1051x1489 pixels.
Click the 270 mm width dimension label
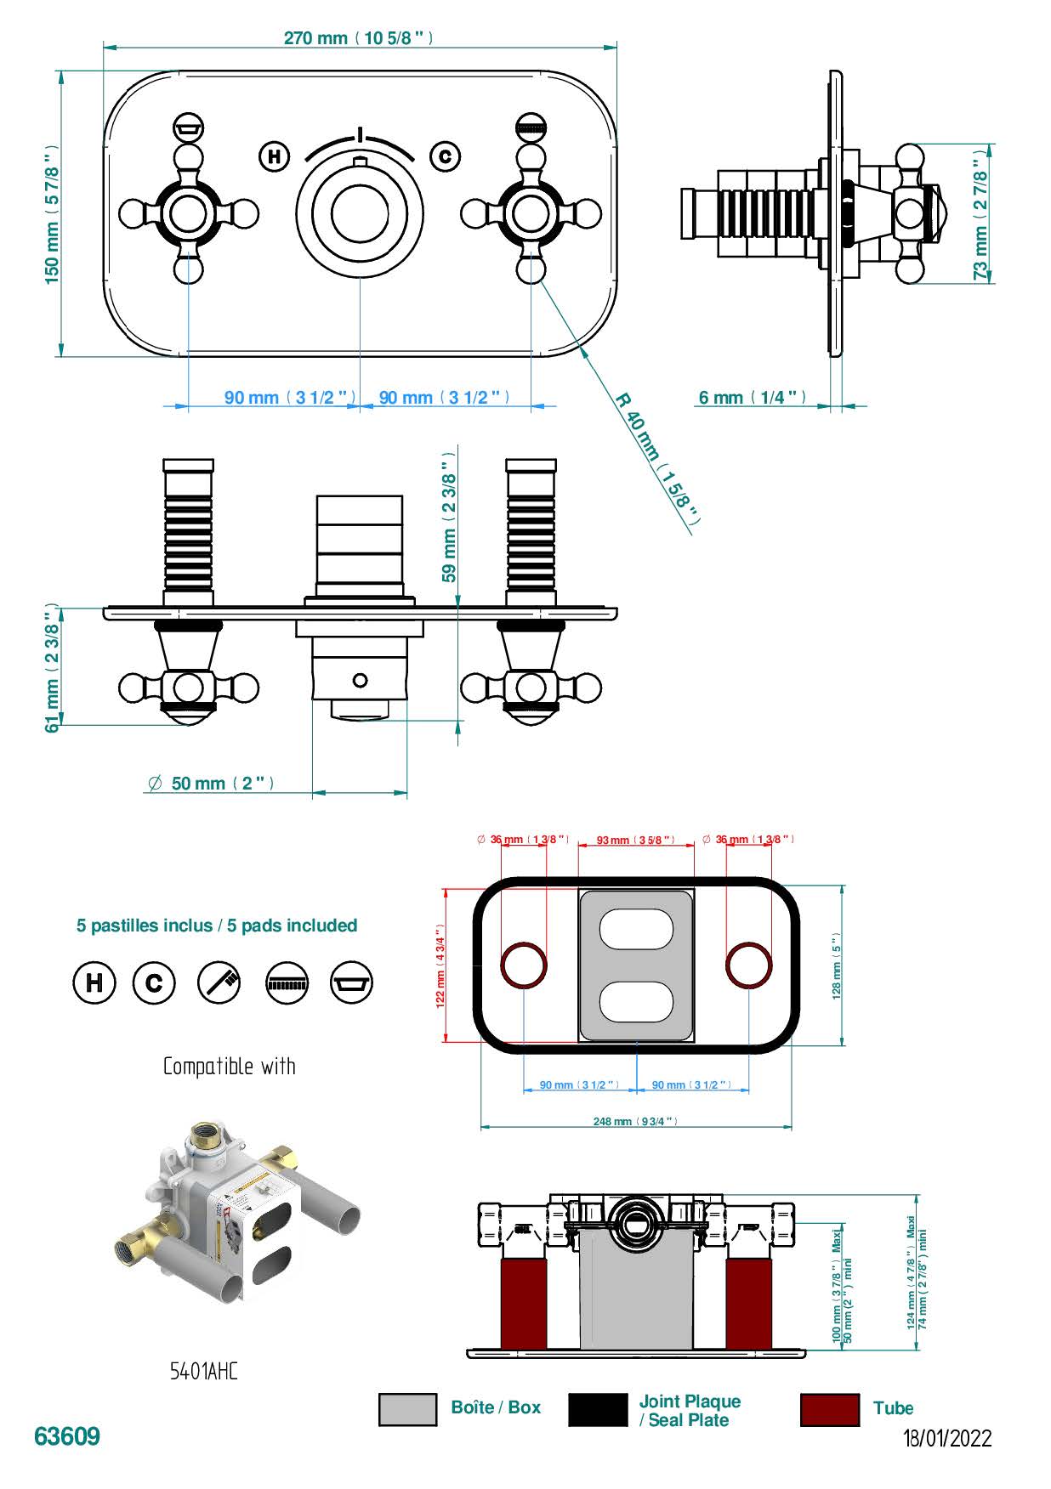tap(358, 38)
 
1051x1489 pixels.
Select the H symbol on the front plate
tap(274, 156)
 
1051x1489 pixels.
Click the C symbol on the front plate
tap(445, 156)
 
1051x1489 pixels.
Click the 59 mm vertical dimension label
tap(449, 517)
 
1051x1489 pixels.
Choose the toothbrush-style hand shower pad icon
tap(219, 982)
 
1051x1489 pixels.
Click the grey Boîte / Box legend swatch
tap(407, 1409)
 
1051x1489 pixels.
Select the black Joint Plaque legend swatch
tap(597, 1409)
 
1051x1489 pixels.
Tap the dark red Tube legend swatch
tap(829, 1409)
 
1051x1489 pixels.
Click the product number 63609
tap(67, 1436)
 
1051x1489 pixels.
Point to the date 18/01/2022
tap(947, 1439)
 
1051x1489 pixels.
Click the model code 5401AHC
tap(204, 1371)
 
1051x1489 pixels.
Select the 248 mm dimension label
tap(635, 1122)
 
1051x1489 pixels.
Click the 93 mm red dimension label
tap(635, 841)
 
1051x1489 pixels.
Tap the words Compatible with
tap(230, 1067)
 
